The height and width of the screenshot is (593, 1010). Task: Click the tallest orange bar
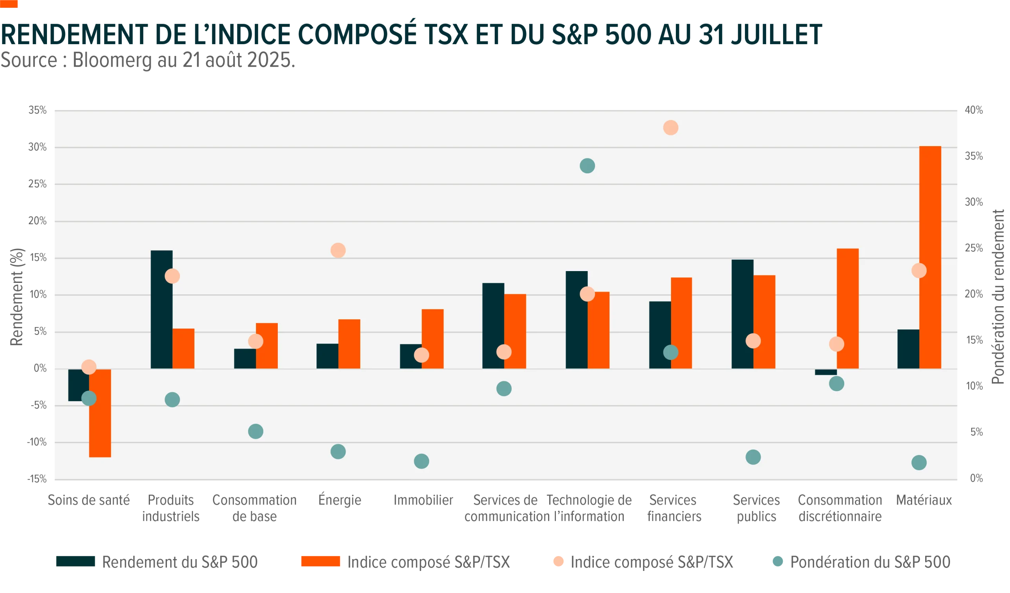[x=930, y=256]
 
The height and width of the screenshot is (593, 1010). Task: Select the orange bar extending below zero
[x=100, y=413]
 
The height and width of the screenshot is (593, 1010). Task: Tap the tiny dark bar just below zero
[x=826, y=372]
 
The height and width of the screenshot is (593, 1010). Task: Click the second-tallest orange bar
[x=848, y=308]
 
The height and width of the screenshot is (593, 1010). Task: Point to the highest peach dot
[x=671, y=128]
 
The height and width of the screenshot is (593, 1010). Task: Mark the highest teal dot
[x=587, y=165]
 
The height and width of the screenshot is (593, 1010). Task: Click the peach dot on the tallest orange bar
[x=919, y=271]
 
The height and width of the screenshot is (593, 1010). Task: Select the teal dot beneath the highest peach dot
[x=671, y=352]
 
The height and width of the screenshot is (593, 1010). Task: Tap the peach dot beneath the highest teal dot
[x=587, y=294]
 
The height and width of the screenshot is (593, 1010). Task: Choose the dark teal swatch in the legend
[x=75, y=561]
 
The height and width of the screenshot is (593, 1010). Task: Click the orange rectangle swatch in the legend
[x=320, y=561]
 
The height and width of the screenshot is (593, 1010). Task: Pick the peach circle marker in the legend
[x=558, y=561]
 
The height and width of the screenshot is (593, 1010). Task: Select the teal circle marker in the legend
[x=778, y=561]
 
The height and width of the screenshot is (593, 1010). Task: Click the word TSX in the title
[x=446, y=35]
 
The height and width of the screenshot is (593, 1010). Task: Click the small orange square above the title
[x=9, y=4]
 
